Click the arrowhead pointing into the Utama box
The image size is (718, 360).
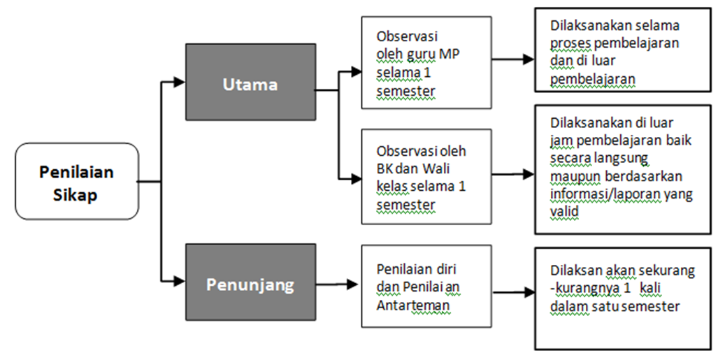pyautogui.click(x=180, y=82)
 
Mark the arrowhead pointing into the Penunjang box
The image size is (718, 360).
pyautogui.click(x=180, y=282)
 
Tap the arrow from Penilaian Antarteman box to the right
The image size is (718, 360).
pyautogui.click(x=510, y=288)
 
